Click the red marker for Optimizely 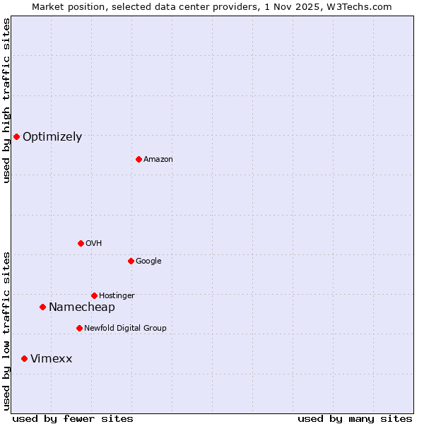click(x=16, y=136)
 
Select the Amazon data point click(x=139, y=159)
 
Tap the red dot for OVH click(x=81, y=243)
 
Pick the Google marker click(x=131, y=261)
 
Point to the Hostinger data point click(x=94, y=295)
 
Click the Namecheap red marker click(x=42, y=307)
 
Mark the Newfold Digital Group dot click(x=79, y=328)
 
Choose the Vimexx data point click(x=25, y=359)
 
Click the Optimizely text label click(x=52, y=137)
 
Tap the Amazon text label click(x=158, y=160)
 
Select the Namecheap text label click(x=81, y=307)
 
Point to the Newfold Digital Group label click(x=125, y=329)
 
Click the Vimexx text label click(x=51, y=359)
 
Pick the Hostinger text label click(x=117, y=296)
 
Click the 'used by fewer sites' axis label click(x=73, y=418)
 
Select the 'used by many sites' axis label click(x=355, y=418)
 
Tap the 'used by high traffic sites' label click(x=6, y=100)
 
